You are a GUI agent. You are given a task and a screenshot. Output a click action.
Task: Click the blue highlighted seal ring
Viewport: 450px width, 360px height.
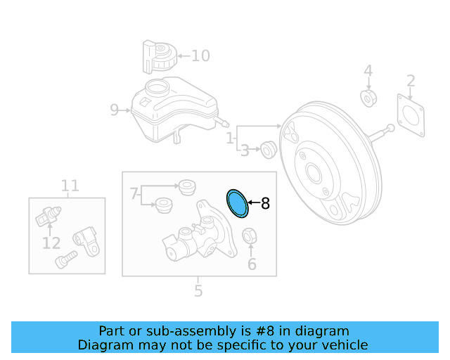pos(238,203)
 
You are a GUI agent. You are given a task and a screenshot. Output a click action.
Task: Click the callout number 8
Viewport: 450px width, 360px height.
pos(265,204)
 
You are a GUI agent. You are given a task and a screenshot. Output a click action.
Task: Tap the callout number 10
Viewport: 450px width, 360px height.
pos(200,55)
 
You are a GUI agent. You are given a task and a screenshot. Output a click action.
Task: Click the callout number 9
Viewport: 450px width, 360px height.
pos(115,109)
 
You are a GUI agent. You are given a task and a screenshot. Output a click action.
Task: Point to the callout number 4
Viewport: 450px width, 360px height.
pos(368,70)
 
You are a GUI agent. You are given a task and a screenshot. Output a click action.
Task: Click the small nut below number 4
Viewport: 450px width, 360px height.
pos(368,97)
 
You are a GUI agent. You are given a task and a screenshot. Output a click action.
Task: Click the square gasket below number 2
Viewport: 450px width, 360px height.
pos(410,115)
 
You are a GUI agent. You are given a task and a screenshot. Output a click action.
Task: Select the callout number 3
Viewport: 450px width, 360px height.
pos(245,150)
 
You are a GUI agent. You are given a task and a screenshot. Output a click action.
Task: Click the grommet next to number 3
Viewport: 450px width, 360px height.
pos(267,148)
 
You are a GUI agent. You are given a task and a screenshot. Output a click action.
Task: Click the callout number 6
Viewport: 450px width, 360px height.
pos(252,264)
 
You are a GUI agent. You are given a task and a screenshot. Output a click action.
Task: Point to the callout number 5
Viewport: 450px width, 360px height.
pos(198,290)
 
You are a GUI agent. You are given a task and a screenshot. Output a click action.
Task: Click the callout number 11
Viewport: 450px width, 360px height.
pos(70,186)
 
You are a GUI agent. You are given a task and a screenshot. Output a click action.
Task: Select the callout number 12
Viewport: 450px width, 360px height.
pos(51,243)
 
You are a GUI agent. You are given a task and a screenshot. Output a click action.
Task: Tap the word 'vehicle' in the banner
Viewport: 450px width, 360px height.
pos(344,345)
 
